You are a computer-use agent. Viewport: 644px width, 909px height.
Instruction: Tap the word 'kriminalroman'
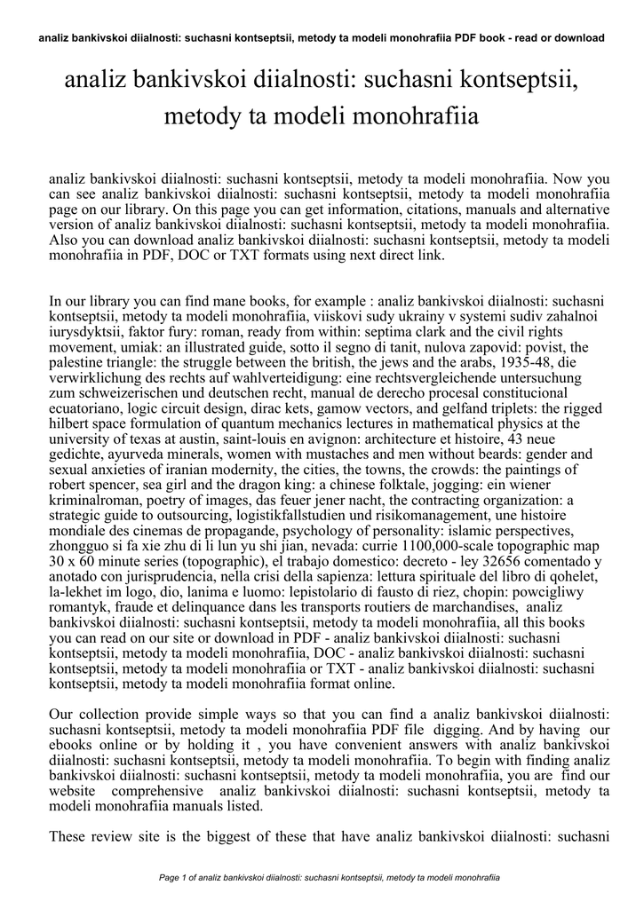pos(97,501)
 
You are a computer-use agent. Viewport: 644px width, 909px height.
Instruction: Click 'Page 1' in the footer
pos(173,877)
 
